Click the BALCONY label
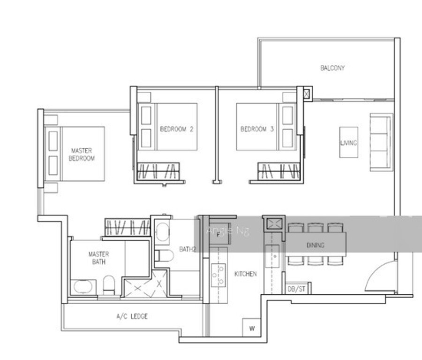tap(332, 68)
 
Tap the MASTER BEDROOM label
tap(82, 154)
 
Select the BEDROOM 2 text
tap(177, 129)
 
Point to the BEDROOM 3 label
tap(257, 129)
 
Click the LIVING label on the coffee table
tap(348, 143)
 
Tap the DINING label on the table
tap(316, 245)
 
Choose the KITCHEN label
tap(245, 274)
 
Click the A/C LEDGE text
tap(132, 316)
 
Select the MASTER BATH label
tap(99, 258)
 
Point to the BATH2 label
tap(188, 249)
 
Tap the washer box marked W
tap(252, 328)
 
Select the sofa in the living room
tap(381, 142)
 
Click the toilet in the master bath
tap(109, 285)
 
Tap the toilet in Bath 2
tap(164, 256)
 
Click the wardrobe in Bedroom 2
tap(158, 171)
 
